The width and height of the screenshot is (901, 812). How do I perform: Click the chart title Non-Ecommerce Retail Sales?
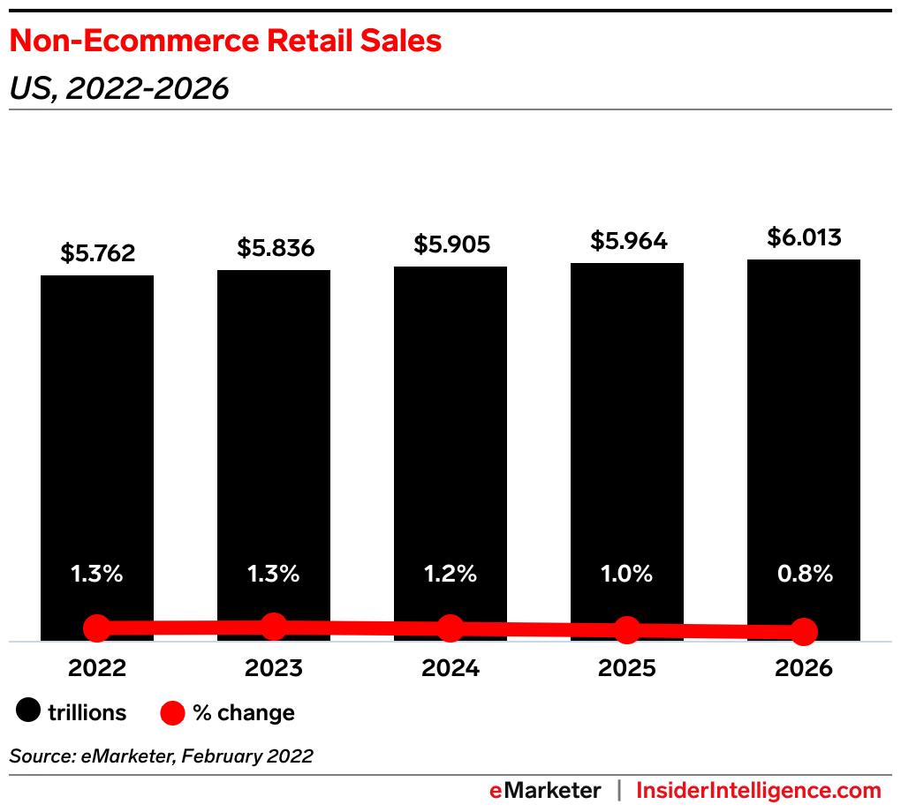pos(225,41)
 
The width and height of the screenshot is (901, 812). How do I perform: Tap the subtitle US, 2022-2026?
pos(119,88)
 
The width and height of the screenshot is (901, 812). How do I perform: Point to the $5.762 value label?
pos(98,253)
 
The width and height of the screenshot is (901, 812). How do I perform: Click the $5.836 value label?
pos(275,248)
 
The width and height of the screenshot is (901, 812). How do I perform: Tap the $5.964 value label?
pos(628,241)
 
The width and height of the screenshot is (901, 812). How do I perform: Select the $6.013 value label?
pos(804,237)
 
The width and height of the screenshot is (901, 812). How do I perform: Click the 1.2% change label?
pos(450,574)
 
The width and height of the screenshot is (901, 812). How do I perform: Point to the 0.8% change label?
pos(804,574)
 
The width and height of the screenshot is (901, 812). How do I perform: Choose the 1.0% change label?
pos(627,574)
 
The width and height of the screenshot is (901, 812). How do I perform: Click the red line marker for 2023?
pos(274,627)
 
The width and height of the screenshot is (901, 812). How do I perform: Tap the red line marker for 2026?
pos(804,631)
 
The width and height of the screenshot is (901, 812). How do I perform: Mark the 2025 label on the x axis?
pos(627,668)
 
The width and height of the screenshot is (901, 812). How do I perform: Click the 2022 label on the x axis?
pos(97,668)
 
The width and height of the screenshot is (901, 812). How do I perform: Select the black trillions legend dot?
pos(30,711)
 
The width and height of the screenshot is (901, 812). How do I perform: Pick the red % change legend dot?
pos(174,711)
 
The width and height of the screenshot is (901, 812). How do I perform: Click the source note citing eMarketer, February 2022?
pos(161,756)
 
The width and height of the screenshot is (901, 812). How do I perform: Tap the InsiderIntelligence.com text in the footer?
pos(759,790)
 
